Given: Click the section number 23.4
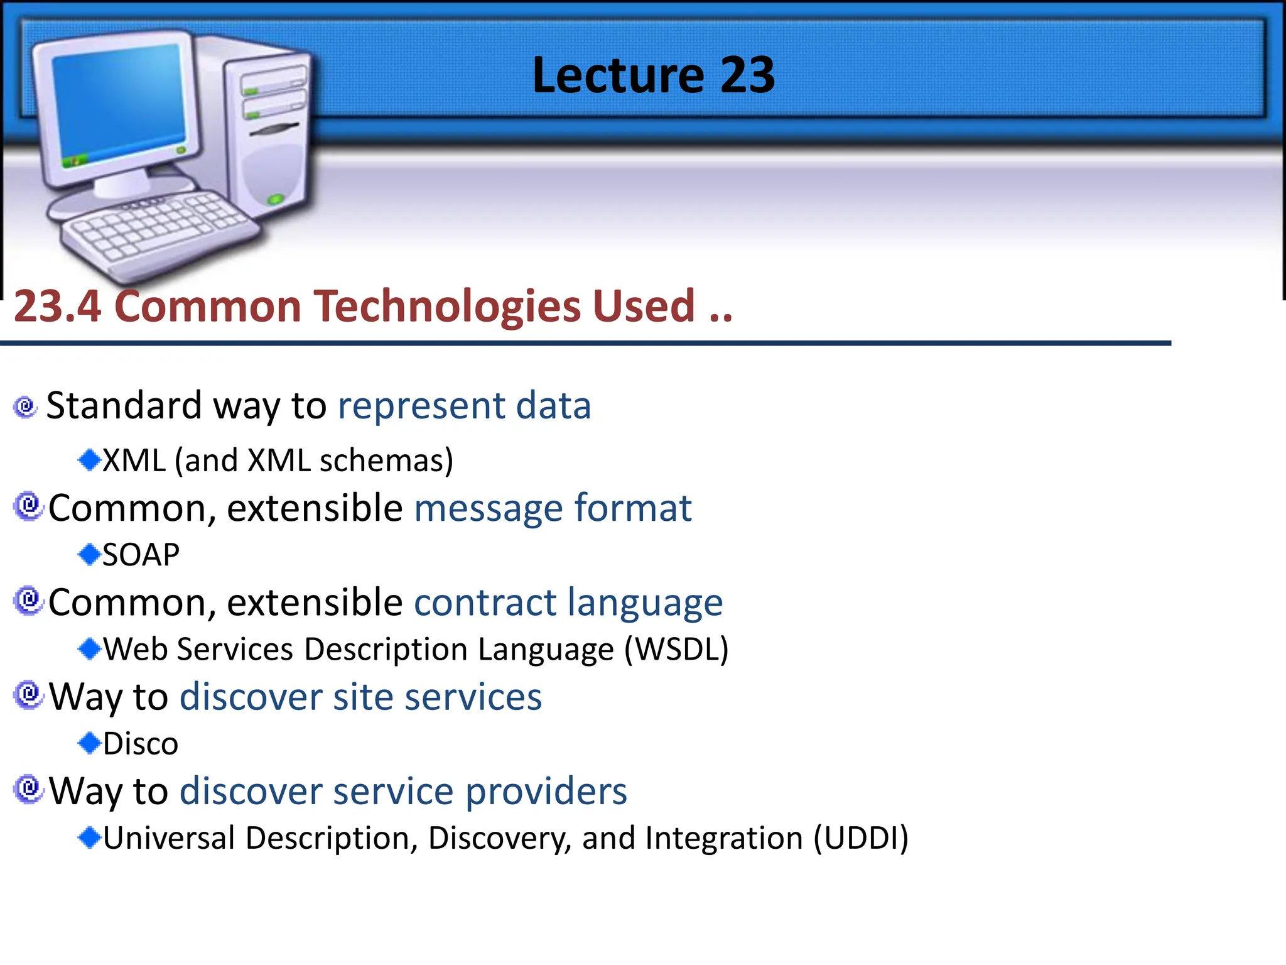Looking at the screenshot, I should pos(57,307).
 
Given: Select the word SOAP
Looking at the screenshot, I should pos(141,555).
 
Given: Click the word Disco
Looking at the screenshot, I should pos(141,744).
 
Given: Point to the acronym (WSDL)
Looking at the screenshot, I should pos(676,649).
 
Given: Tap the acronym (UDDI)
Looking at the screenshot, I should pos(861,838).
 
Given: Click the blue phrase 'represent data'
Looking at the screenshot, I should pos(464,405).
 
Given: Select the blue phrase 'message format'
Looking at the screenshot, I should pos(553,508).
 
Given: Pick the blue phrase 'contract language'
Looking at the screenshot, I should pos(568,602).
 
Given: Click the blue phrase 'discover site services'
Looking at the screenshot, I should pos(360,697).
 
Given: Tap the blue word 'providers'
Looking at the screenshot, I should pos(546,791).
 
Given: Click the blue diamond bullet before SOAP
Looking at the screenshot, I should pos(89,554).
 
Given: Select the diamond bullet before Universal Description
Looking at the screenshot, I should pos(89,837).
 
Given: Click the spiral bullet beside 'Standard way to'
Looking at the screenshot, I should pos(26,406).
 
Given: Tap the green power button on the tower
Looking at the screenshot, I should pos(275,200).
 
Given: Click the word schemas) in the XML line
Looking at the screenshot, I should pos(386,461).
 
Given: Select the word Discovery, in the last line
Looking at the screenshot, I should pos(500,838).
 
